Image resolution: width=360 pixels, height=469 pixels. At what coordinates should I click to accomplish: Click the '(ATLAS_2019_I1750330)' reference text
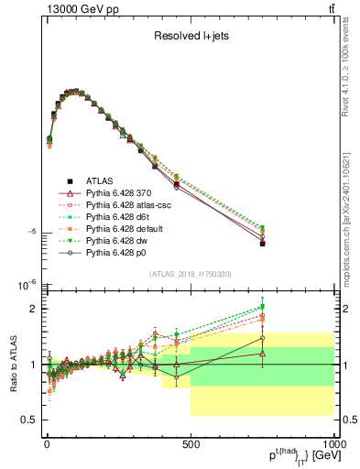click(x=190, y=274)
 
